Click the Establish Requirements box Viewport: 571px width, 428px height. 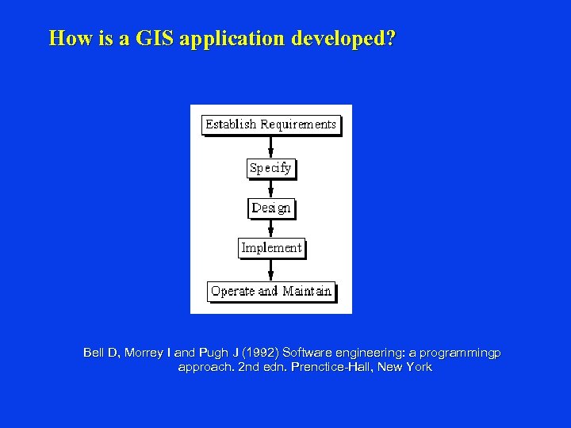tap(270, 124)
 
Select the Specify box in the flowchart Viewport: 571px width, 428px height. tap(270, 167)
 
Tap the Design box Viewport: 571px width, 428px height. tap(270, 208)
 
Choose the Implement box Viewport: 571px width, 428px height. tap(271, 247)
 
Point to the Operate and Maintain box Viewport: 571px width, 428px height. tap(271, 291)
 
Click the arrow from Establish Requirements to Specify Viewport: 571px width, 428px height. tap(271, 147)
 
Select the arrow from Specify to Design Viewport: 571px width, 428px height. tap(271, 189)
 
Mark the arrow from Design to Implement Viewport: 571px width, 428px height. tap(271, 228)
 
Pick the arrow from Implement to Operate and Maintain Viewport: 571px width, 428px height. tap(271, 269)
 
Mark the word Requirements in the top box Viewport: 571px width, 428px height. tap(298, 124)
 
